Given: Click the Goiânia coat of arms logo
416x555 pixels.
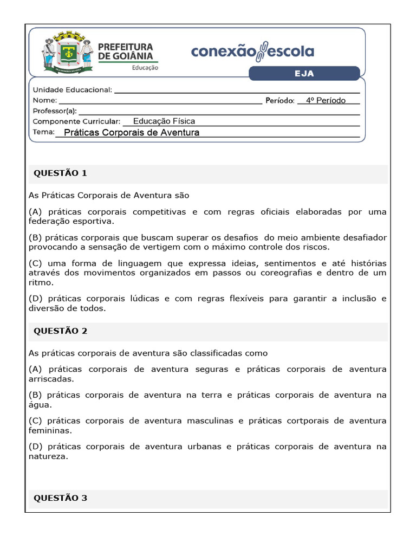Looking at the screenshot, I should coord(67,53).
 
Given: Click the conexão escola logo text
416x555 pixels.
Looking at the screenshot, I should coord(252,51).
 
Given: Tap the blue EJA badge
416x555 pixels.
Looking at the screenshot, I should coord(304,73).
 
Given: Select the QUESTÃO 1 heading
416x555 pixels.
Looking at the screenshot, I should coord(60,173).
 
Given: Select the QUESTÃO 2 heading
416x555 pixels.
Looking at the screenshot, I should coord(60,331).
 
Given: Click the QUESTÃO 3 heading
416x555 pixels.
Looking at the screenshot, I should coord(60,498).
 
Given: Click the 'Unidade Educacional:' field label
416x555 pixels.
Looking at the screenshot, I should coord(73,90).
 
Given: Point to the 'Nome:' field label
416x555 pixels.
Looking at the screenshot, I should coord(44,100).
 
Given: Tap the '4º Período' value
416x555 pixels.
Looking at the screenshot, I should coord(326,100).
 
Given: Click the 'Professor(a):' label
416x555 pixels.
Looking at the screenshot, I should coord(55,111).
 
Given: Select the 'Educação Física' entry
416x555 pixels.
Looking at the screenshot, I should coord(164,121).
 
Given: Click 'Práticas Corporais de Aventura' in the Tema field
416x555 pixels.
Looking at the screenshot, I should coord(132,132).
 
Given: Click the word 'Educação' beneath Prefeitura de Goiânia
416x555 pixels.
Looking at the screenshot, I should coord(145,68).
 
